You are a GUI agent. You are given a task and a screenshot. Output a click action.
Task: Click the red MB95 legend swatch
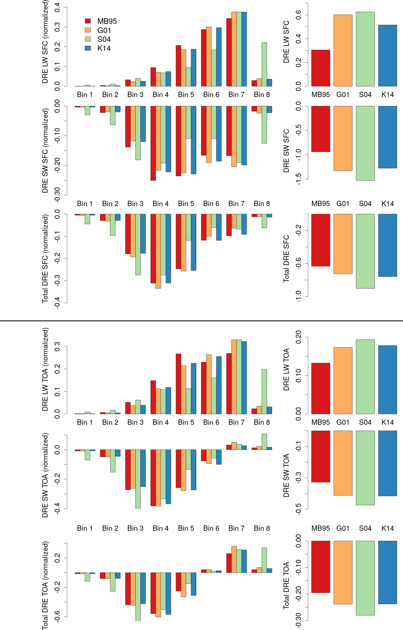[x=88, y=21]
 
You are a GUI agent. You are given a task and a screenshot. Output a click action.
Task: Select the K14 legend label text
[x=104, y=48]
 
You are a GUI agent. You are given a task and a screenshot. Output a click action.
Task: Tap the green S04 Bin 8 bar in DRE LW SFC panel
[x=264, y=64]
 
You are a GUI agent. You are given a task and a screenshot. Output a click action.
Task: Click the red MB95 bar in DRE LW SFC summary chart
[x=321, y=68]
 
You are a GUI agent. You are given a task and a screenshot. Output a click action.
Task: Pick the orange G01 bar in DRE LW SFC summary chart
[x=343, y=50]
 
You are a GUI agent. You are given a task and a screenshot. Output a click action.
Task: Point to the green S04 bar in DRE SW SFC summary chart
[x=365, y=143]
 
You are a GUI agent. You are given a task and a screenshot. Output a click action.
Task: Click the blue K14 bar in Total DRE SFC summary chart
[x=388, y=245]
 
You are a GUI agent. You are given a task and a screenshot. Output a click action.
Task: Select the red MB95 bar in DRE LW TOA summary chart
[x=321, y=388]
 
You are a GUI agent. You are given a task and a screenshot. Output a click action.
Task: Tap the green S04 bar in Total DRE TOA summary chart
[x=365, y=578]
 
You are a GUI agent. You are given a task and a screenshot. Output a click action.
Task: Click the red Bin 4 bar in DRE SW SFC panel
[x=153, y=143]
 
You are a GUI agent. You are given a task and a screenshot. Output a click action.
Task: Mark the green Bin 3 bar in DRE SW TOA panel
[x=138, y=479]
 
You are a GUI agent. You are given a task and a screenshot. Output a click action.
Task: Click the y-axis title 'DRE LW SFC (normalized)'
[x=45, y=42]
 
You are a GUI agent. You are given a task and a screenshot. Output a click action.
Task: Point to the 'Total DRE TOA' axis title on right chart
[x=286, y=585]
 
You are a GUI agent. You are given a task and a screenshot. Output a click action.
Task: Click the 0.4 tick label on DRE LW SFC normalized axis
[x=57, y=7]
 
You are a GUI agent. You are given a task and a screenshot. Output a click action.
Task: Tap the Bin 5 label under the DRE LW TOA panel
[x=186, y=422]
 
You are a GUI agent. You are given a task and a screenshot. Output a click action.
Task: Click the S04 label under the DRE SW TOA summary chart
[x=365, y=528]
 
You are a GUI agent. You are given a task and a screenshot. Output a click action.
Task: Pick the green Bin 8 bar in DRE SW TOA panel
[x=264, y=442]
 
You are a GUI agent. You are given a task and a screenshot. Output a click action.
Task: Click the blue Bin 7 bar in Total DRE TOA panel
[x=244, y=561]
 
